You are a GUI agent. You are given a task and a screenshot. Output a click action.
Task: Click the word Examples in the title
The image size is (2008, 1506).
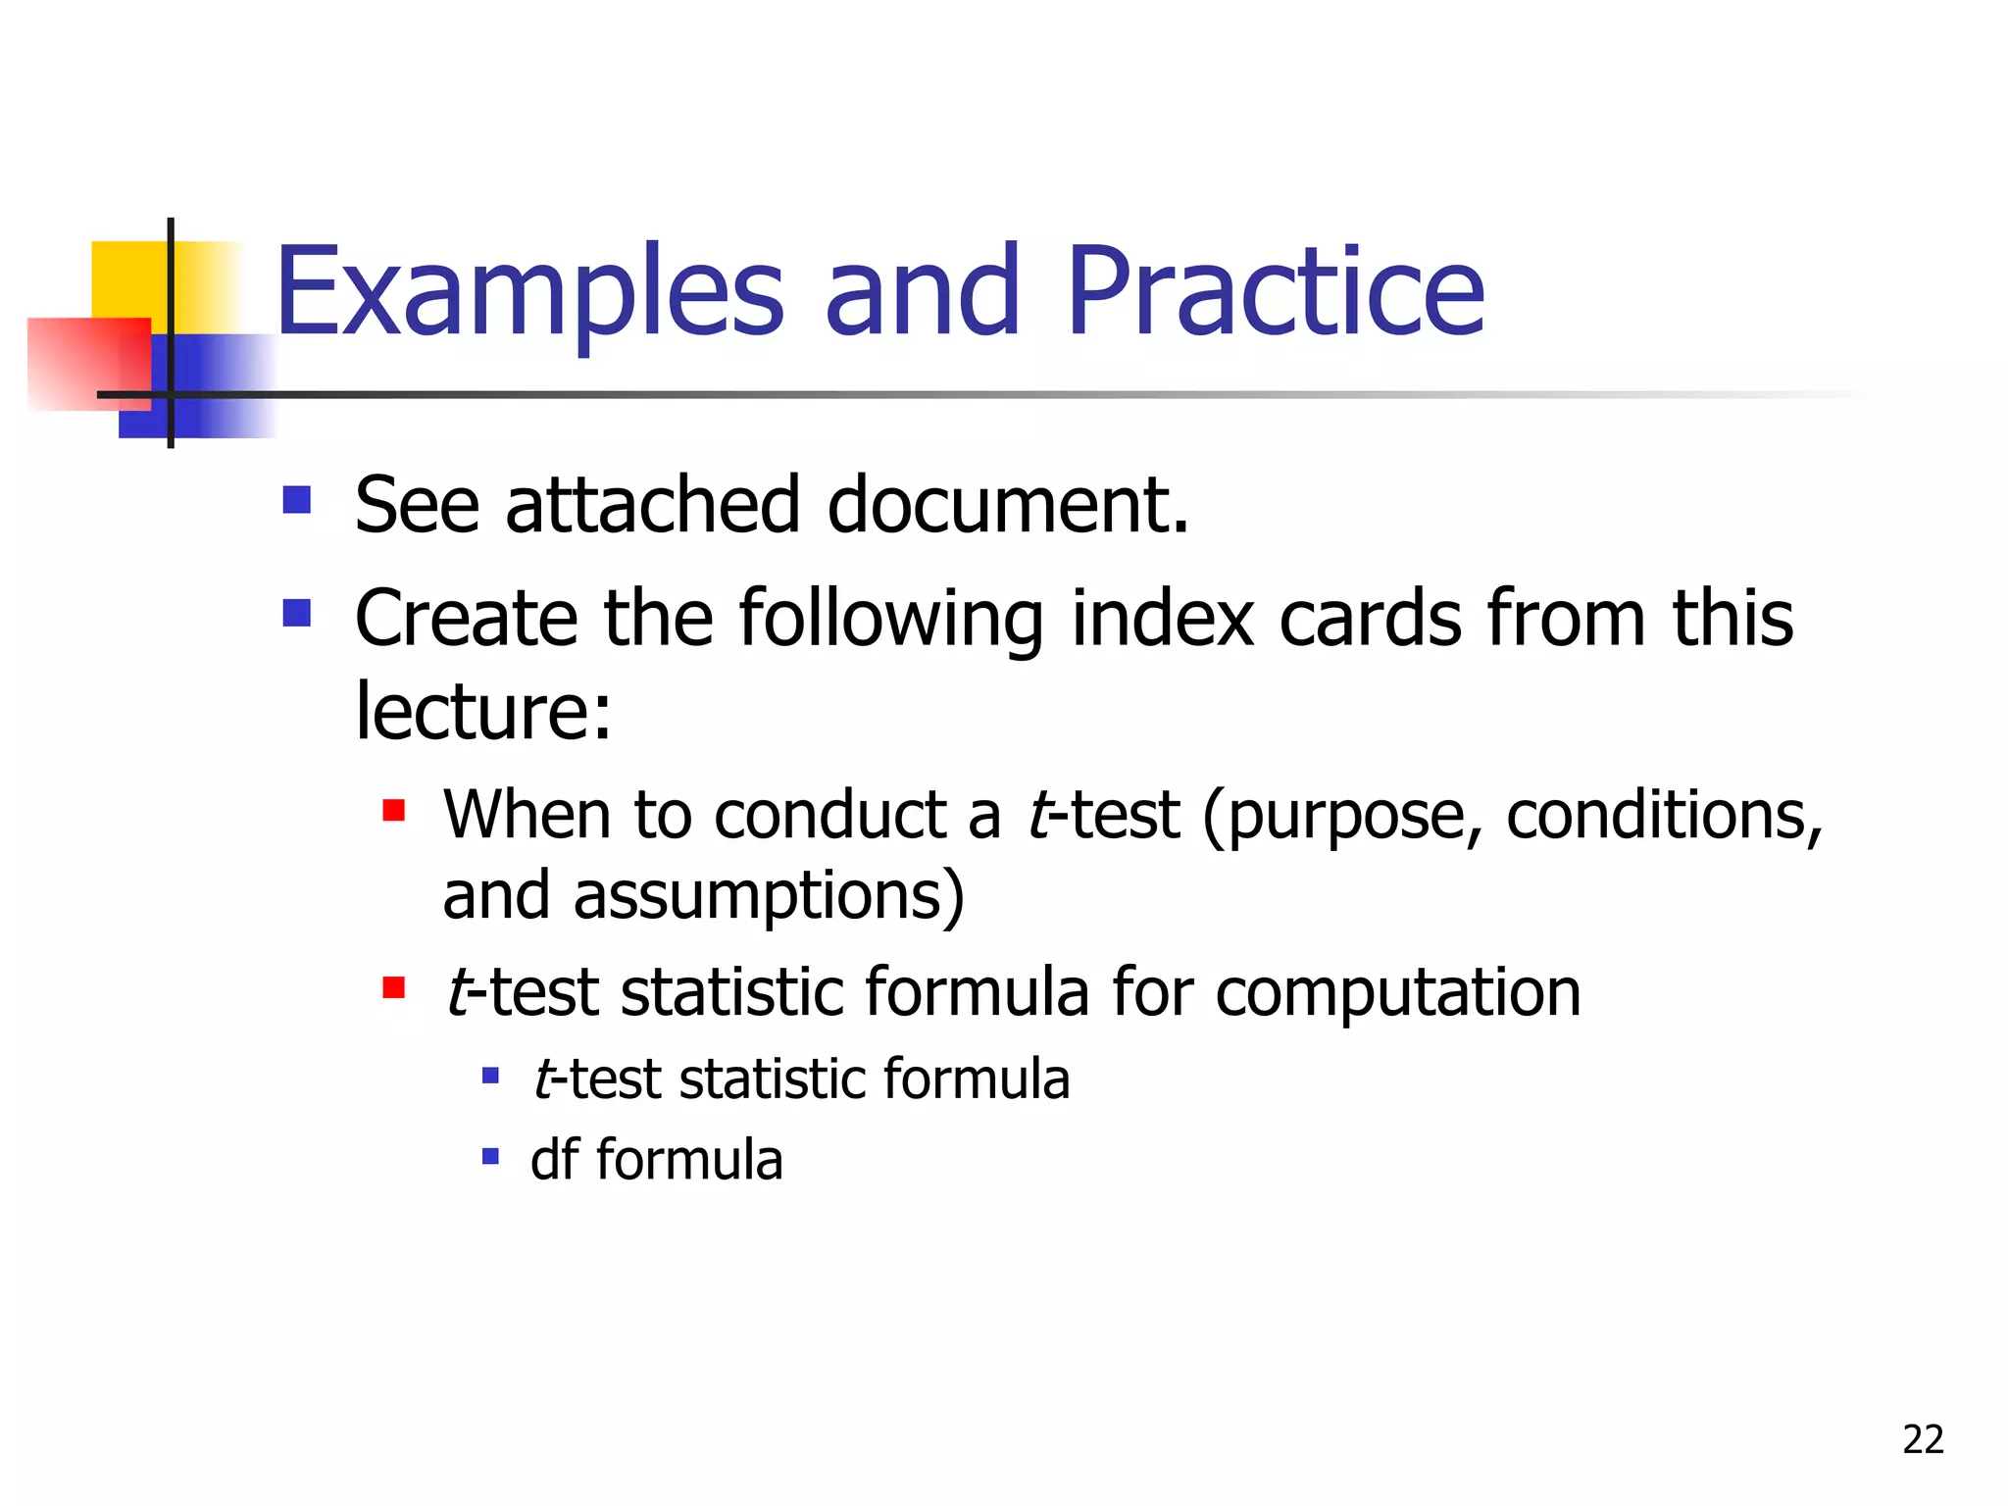529,294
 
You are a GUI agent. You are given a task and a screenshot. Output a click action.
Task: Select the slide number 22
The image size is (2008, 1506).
1923,1439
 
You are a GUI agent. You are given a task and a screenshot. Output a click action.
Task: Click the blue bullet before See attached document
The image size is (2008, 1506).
296,500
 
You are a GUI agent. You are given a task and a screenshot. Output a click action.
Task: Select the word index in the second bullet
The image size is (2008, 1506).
1162,620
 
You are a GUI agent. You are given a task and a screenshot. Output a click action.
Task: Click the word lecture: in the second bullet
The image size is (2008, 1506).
482,711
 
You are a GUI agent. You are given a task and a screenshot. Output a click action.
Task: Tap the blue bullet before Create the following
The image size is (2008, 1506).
296,614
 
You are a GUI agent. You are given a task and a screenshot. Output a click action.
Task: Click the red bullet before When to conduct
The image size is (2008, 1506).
394,810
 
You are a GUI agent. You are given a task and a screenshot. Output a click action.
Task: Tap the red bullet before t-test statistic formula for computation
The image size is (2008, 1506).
394,986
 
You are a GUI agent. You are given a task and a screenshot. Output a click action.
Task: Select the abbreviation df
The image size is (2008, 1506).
555,1159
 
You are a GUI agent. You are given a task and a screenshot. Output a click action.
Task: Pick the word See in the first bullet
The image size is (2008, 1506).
417,506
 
